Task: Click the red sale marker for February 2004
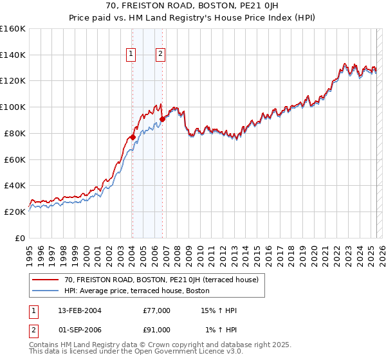point(133,137)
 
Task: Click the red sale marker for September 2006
point(163,118)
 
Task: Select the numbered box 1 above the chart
point(131,55)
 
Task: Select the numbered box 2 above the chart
point(160,55)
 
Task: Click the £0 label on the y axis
point(21,238)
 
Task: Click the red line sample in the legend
point(45,280)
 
